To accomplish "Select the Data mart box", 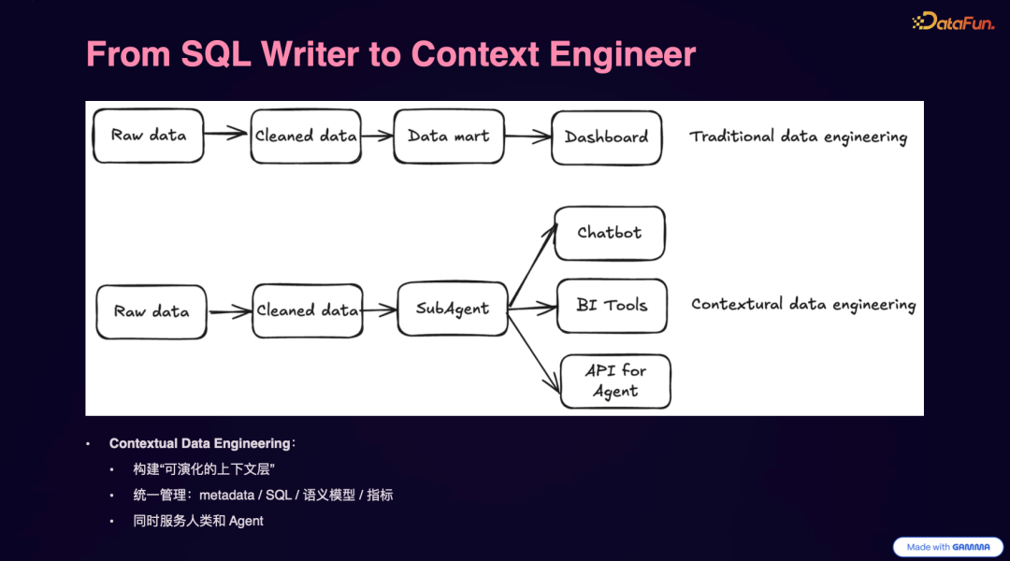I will point(449,137).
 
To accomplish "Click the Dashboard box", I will point(606,137).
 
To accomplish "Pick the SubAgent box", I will point(452,309).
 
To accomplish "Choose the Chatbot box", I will point(610,233).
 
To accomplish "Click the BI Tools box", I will point(612,306).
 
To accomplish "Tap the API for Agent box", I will point(615,381).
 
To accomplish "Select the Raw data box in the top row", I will point(148,136).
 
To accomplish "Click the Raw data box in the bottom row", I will point(151,311).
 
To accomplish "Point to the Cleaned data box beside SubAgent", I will point(308,310).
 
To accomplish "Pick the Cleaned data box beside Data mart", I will point(306,137).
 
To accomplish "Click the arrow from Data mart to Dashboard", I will point(528,137).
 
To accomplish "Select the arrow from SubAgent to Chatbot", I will point(531,265).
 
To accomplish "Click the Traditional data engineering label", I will point(798,137).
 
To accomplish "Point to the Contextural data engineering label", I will point(802,305).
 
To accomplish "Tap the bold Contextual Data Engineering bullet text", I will point(199,443).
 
